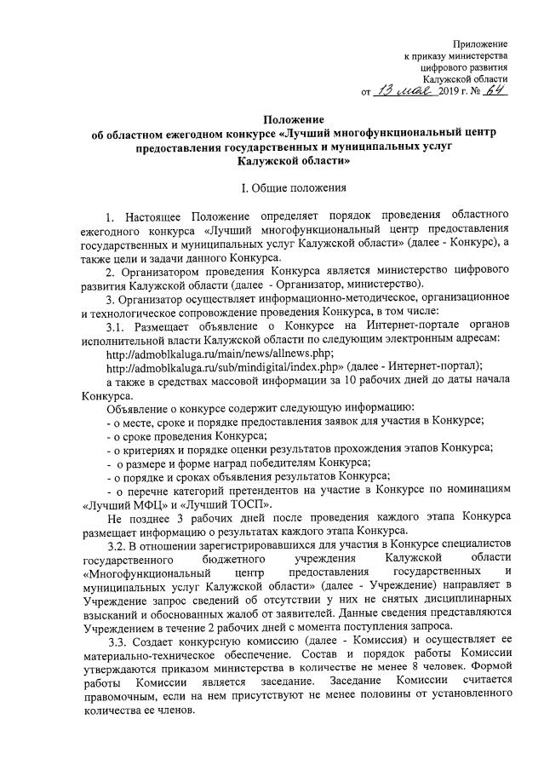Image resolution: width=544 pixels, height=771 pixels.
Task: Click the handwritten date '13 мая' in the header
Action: point(400,91)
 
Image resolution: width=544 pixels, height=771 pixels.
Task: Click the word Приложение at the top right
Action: point(480,43)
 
